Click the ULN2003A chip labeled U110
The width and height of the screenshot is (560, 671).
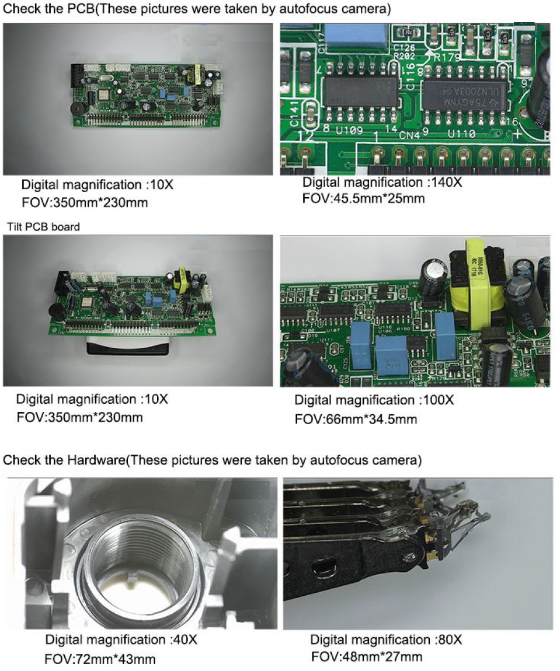[x=461, y=93]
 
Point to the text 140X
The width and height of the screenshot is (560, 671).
[x=446, y=182]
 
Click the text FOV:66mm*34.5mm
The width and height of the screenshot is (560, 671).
[x=356, y=419]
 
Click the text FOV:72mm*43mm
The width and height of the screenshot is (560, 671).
[x=100, y=660]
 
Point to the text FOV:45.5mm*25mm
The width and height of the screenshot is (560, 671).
[x=363, y=198]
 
